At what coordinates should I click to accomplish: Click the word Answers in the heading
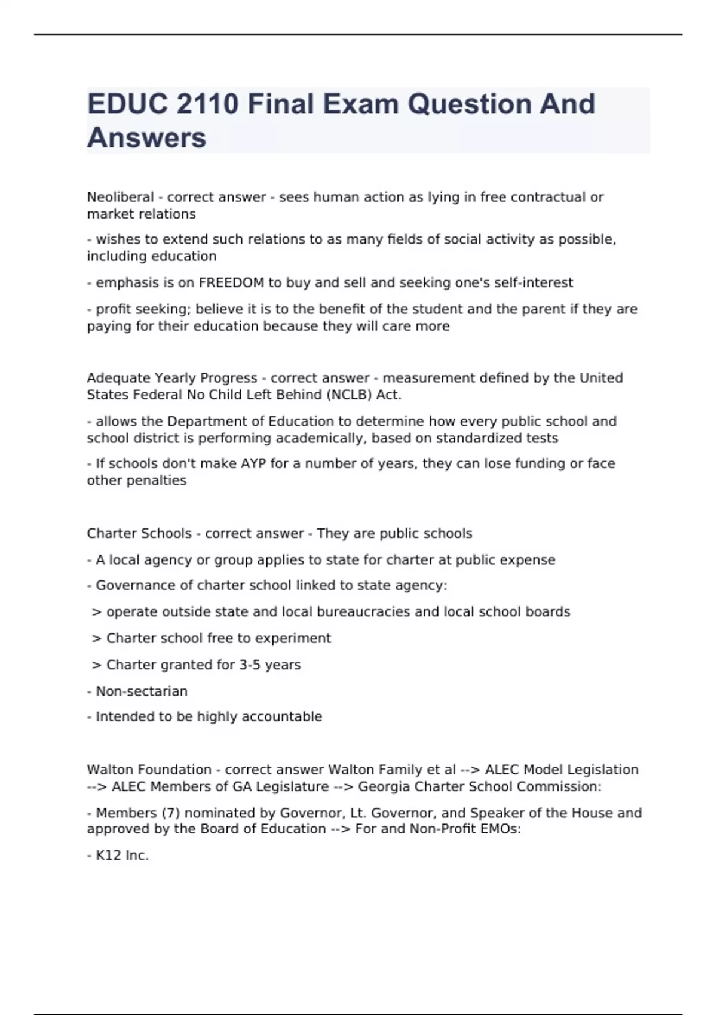click(x=146, y=138)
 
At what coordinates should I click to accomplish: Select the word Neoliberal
click(x=120, y=197)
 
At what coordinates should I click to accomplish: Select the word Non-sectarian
click(x=142, y=691)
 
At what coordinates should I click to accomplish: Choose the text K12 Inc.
click(x=122, y=856)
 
